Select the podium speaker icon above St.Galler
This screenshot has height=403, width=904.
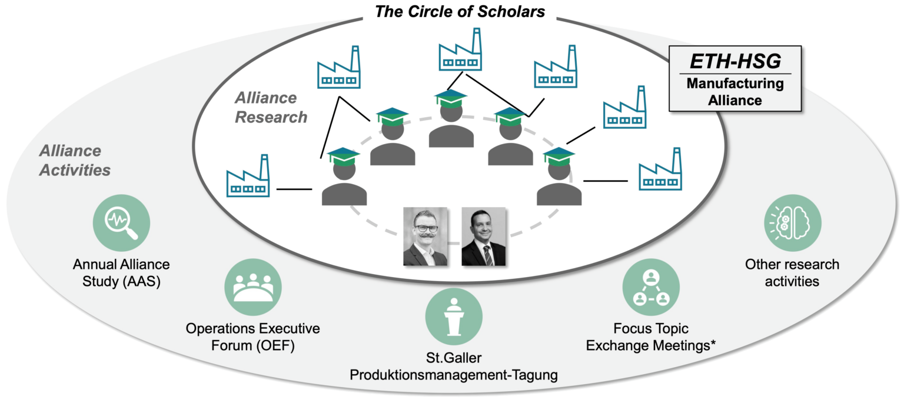coord(453,317)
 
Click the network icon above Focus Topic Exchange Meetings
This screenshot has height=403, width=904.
coord(650,288)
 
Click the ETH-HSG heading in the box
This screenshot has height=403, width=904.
coord(736,62)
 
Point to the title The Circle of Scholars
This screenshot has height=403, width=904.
coord(460,11)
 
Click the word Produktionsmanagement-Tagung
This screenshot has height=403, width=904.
coord(453,375)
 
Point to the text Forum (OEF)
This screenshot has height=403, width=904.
coord(253,345)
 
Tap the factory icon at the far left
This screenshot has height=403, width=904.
coord(248,175)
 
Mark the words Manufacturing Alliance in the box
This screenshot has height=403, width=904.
coord(736,92)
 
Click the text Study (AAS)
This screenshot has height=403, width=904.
coord(121,281)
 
